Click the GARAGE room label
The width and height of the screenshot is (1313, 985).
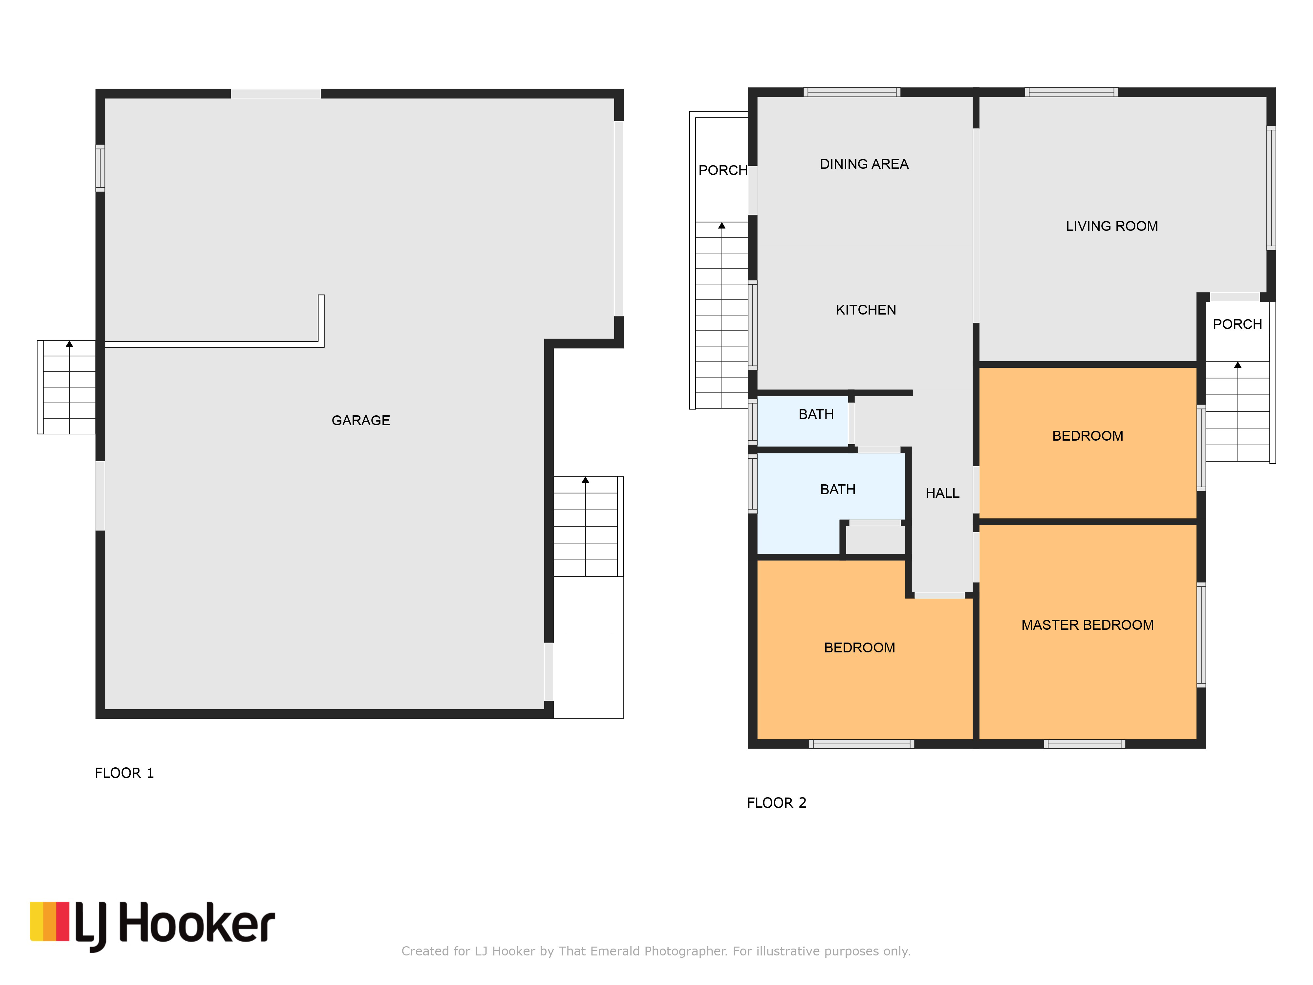click(x=360, y=420)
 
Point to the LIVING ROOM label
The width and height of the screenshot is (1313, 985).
click(x=1112, y=226)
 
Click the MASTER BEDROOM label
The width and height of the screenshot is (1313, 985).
click(x=1087, y=625)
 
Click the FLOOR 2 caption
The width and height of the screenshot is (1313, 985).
click(x=776, y=803)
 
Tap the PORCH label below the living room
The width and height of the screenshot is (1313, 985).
click(x=1237, y=324)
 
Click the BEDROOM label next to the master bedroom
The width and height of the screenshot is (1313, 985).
click(x=1087, y=436)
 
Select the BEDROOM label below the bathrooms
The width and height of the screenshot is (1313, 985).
click(x=859, y=648)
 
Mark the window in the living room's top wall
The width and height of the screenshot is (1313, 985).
click(x=1071, y=92)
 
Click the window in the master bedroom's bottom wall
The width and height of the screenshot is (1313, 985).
click(x=1085, y=744)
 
